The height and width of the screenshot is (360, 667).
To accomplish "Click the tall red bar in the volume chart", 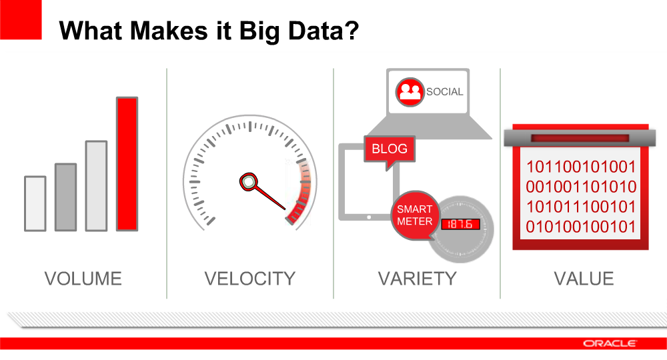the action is pos(127,164).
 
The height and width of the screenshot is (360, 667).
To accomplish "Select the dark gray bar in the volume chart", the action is pos(66,197).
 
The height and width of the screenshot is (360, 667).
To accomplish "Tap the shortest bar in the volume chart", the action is pos(35,203).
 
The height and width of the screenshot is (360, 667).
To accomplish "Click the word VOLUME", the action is pos(83,279).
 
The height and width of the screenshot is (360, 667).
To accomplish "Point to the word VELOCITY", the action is pos(250,279).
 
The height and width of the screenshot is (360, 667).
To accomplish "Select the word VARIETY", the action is pos(418,279).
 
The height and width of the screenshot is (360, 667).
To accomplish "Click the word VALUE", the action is pos(584,279).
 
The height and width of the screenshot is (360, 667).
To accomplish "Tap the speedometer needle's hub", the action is pos(248,182).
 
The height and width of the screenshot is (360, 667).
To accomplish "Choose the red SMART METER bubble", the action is pos(415,215).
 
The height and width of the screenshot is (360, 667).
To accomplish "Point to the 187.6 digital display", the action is pos(460,224).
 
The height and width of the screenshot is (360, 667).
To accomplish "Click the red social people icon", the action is pos(410,92).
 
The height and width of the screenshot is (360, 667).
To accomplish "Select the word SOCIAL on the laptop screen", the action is pos(444,92).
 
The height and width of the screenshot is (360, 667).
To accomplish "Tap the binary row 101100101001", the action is pos(581,167).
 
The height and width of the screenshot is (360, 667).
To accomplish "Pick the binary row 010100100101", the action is pos(581,227).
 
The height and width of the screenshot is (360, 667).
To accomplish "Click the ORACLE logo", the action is pos(610,343).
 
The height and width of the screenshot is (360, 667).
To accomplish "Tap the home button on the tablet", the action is pos(369,217).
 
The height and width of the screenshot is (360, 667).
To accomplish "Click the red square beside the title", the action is pos(21,19).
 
